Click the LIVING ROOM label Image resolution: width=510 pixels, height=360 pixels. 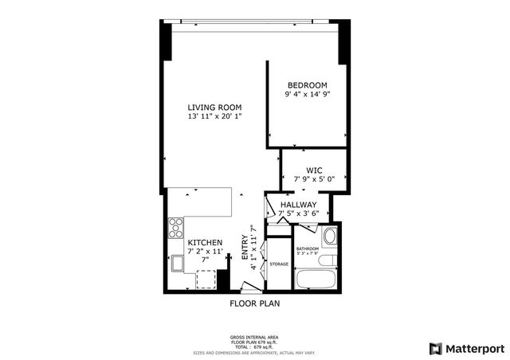coord(214,108)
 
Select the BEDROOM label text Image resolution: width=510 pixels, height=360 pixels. coord(308,85)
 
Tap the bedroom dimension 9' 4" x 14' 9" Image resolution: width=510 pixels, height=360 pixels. coord(308,95)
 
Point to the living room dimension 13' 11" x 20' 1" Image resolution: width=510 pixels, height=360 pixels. coord(214,117)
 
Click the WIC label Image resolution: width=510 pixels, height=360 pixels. coord(314,170)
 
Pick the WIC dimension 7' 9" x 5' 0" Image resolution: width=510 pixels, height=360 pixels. coord(314,179)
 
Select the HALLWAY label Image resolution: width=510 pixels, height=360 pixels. coord(299,205)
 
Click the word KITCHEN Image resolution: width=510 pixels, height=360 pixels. coord(205,242)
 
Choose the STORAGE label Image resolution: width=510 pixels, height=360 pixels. coord(278,264)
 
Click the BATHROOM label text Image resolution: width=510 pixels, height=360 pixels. coord(307,248)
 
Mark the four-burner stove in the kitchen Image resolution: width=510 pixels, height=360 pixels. coord(175,231)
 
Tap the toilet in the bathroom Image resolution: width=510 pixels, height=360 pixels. coord(329,237)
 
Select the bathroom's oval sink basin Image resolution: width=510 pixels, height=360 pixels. coord(328,260)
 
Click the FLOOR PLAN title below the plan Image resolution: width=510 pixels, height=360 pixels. coord(254,303)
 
